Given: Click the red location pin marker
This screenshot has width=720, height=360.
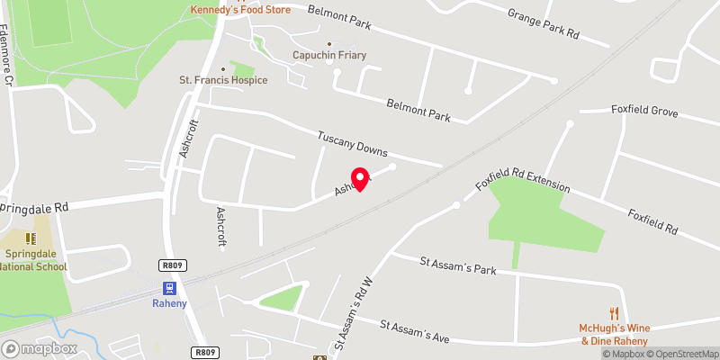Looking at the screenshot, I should coord(360,178).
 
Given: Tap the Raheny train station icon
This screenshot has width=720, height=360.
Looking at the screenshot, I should coord(168,288).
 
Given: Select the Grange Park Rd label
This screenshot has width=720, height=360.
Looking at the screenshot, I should coord(543,24).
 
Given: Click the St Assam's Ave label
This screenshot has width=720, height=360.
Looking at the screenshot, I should coord(414,331).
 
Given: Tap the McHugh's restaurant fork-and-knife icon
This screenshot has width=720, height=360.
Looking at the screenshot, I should coord(615,313).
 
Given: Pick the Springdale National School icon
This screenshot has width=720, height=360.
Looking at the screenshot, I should coord(30,239).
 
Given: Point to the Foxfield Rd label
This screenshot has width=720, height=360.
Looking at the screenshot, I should coord(652,222).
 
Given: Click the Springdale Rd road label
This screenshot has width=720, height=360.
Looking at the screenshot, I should coord(36,206).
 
